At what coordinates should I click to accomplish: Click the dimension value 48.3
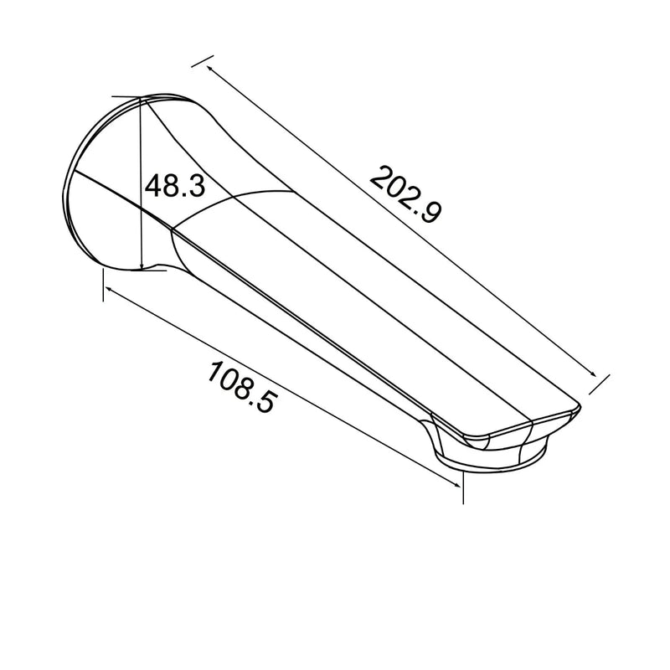174,186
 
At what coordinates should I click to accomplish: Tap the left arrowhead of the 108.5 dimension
107,286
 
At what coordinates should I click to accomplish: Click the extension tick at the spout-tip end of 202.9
596,384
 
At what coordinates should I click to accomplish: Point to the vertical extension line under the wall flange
102,285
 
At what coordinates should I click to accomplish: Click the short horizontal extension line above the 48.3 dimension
126,95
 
